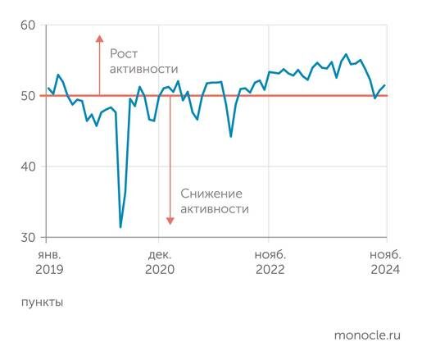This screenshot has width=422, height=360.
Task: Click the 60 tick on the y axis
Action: coord(27,26)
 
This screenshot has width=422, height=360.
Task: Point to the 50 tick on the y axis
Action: coord(27,96)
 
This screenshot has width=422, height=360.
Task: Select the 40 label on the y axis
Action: coord(27,166)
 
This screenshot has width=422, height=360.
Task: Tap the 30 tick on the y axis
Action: coord(27,238)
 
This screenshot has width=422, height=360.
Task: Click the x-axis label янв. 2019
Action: coord(49,262)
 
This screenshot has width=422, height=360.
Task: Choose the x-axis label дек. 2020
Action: coord(161,262)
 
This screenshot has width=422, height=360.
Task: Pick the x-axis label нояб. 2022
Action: coord(270,262)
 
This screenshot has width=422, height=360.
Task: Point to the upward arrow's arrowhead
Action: coord(99,38)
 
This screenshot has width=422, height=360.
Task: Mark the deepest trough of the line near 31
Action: coord(120,227)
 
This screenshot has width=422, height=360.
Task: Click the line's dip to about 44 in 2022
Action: coord(231,136)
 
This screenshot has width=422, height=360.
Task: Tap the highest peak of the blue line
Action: coord(346,55)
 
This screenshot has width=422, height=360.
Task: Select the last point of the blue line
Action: coord(385,85)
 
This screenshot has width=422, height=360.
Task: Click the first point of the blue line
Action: coord(48,88)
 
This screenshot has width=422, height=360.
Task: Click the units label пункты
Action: coord(42,302)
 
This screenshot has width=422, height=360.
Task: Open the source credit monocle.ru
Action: coord(367,335)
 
